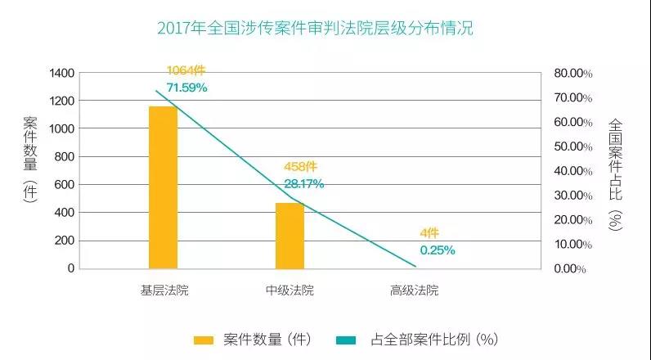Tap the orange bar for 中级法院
click(x=290, y=235)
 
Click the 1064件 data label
click(x=186, y=70)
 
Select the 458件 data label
click(x=302, y=168)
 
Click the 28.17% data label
click(x=303, y=183)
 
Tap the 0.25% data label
click(x=438, y=250)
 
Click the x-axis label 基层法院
click(x=164, y=290)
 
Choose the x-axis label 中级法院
click(x=290, y=290)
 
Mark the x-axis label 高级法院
click(x=415, y=290)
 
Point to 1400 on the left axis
click(x=61, y=73)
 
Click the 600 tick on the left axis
click(x=65, y=184)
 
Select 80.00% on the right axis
click(x=572, y=73)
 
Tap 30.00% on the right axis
click(x=572, y=195)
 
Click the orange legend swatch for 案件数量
click(x=203, y=339)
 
